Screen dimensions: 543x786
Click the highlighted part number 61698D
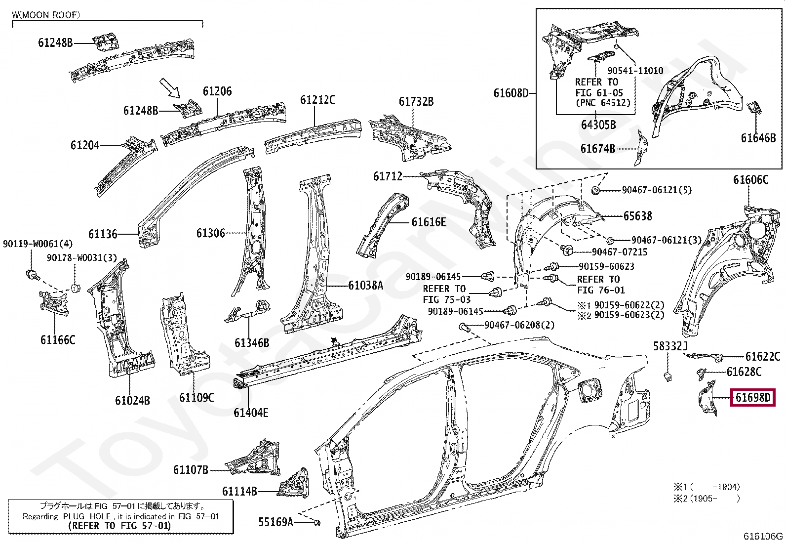point(753,397)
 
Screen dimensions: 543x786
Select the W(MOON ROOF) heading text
point(45,15)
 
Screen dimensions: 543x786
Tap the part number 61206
point(217,91)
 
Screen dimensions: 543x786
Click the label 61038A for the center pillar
point(365,285)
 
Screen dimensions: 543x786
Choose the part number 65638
point(637,216)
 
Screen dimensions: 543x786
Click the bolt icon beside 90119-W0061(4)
point(32,274)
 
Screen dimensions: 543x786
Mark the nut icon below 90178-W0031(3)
point(75,288)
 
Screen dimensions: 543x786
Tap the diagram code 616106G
point(763,536)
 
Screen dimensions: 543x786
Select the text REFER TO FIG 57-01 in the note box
point(119,526)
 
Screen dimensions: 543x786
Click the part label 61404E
point(251,413)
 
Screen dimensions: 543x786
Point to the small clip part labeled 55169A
point(317,522)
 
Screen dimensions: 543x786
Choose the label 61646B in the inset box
point(758,138)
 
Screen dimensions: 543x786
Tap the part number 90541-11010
point(635,70)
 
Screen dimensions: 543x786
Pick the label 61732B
point(416,101)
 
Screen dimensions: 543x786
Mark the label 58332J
point(670,346)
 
